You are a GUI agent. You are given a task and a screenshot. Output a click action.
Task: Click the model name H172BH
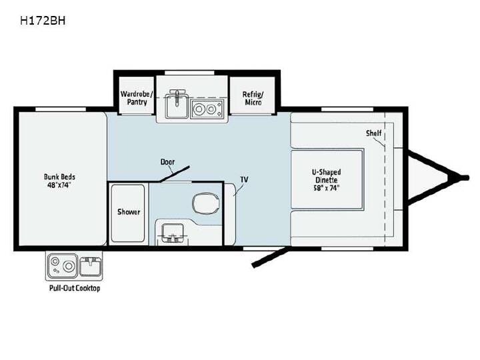pyautogui.click(x=43, y=21)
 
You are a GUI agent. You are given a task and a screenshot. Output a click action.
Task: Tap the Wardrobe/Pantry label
pyautogui.click(x=137, y=98)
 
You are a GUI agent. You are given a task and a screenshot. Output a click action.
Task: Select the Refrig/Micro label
pyautogui.click(x=253, y=98)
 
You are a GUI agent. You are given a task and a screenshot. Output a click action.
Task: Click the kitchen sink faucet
pyautogui.click(x=177, y=97)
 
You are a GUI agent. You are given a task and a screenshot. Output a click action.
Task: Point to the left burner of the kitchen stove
pyautogui.click(x=199, y=109)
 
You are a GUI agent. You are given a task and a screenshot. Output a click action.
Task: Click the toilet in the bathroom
pyautogui.click(x=206, y=203)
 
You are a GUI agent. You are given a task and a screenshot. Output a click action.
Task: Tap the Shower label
pyautogui.click(x=129, y=212)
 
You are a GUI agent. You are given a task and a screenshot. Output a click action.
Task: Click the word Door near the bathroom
pyautogui.click(x=167, y=161)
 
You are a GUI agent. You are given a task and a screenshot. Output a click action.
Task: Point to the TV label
pyautogui.click(x=244, y=179)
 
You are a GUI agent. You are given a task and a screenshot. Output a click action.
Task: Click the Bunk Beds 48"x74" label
pyautogui.click(x=59, y=181)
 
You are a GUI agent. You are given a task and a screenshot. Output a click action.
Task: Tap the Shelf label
pyautogui.click(x=373, y=133)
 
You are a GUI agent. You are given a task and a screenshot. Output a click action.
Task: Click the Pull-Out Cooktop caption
pyautogui.click(x=75, y=288)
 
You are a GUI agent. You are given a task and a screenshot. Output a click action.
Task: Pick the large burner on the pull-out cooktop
pyautogui.click(x=69, y=266)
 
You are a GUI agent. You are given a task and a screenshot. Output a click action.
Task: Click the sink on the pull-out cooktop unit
pyautogui.click(x=90, y=266)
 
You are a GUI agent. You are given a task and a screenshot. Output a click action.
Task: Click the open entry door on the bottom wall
pyautogui.click(x=270, y=257)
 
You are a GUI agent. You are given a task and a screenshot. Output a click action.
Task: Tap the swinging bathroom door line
pyautogui.click(x=175, y=174)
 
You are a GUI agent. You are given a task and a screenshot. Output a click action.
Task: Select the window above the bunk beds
pyautogui.click(x=61, y=109)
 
